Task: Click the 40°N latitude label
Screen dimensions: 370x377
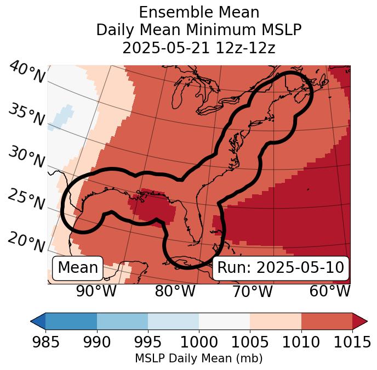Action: point(27,73)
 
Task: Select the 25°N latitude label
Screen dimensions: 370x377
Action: point(26,200)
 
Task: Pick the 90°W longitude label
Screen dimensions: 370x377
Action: point(96,291)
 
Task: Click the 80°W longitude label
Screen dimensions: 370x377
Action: point(175,291)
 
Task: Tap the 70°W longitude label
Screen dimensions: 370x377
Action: point(252,291)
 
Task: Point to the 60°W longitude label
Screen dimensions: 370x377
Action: point(330,291)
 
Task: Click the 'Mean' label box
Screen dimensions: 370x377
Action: point(78,268)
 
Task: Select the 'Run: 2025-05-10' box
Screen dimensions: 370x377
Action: point(281,268)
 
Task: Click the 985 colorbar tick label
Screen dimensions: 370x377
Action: point(45,343)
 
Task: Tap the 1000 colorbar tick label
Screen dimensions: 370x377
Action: point(199,343)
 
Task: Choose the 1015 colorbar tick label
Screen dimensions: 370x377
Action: point(353,343)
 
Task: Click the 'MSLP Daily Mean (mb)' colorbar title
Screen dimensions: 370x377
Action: point(199,359)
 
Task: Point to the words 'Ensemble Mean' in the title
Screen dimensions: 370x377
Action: point(199,12)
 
